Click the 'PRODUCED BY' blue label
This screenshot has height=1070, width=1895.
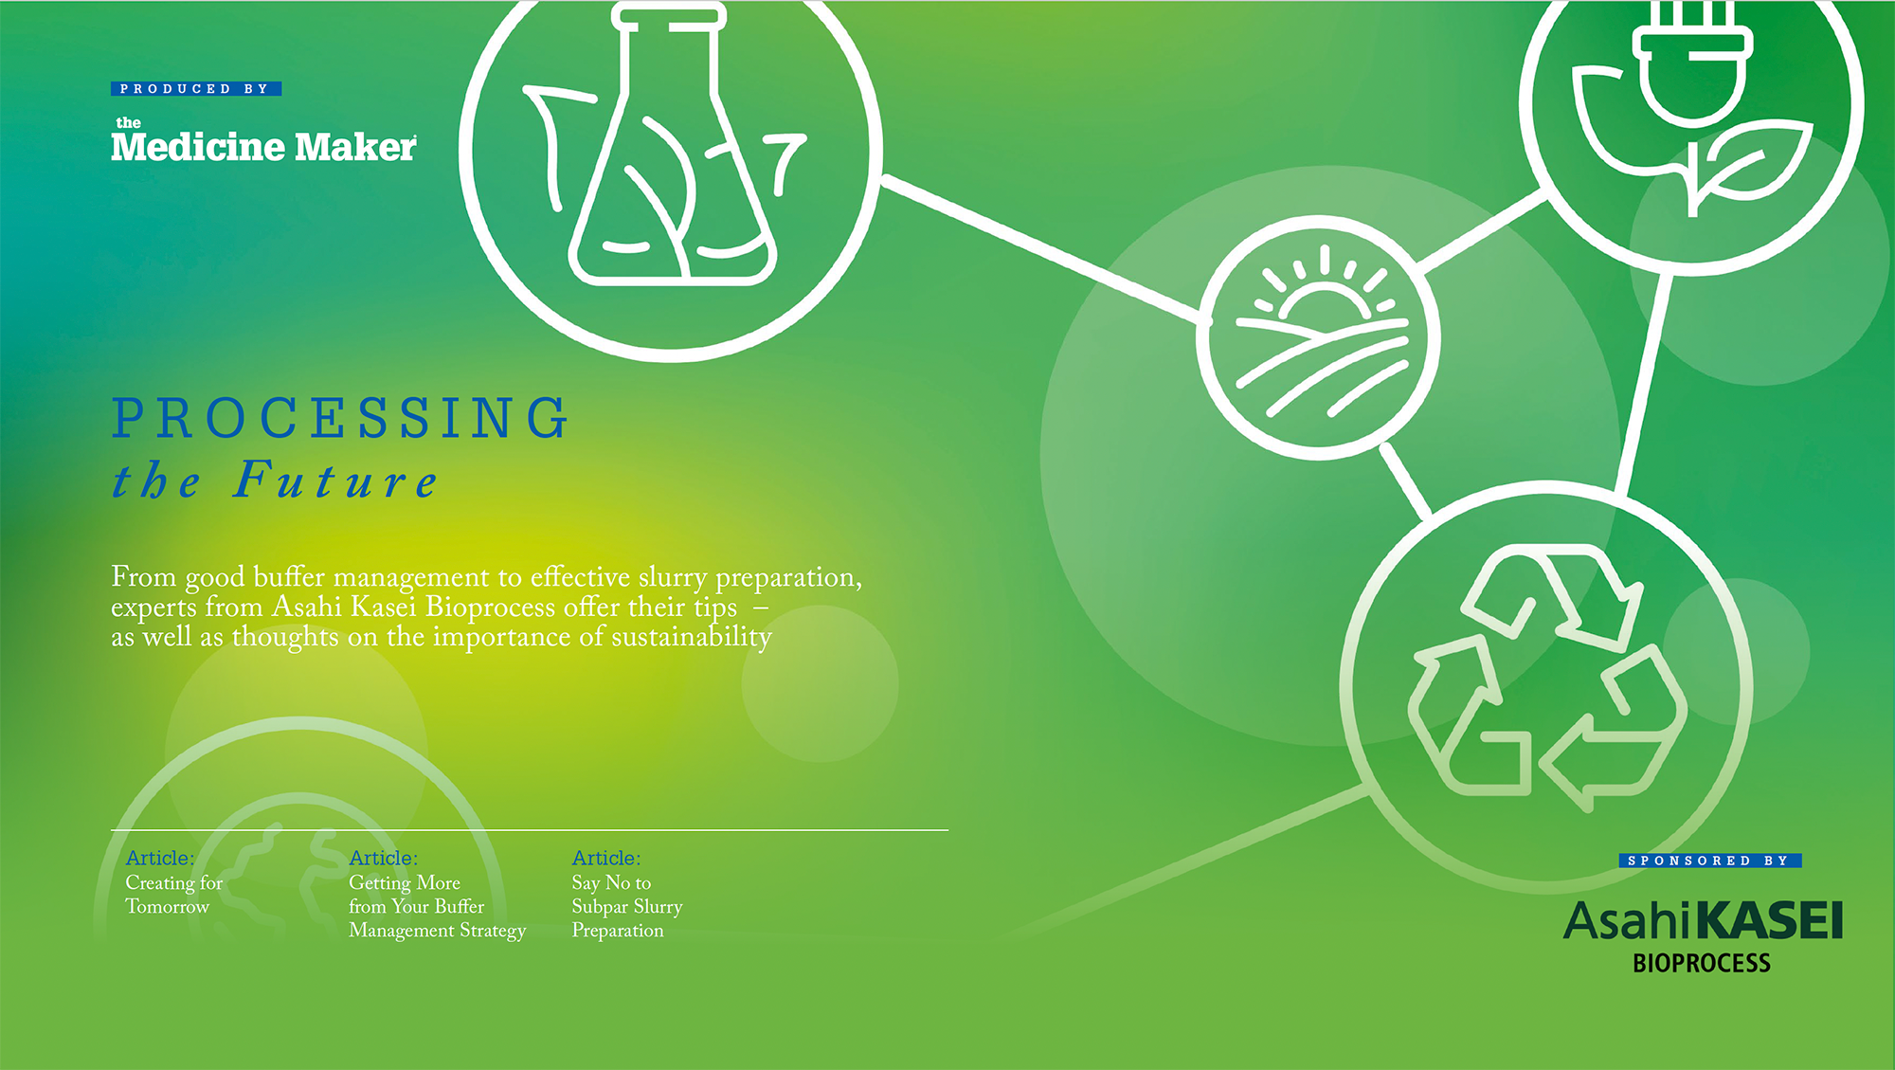tap(196, 89)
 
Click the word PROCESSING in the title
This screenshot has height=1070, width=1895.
tap(340, 419)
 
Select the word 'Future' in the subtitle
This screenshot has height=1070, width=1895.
tap(336, 480)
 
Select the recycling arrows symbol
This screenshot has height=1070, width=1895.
tap(1547, 678)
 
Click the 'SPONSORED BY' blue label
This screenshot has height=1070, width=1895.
tap(1710, 861)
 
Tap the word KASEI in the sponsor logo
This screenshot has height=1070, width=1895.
tap(1769, 920)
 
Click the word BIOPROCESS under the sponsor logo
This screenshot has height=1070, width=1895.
tap(1702, 963)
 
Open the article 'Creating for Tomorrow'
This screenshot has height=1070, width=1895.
tap(174, 894)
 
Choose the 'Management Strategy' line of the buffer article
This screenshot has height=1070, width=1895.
tap(437, 931)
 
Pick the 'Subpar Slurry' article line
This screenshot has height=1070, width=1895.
tap(627, 907)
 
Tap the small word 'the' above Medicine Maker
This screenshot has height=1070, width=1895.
tap(128, 122)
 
